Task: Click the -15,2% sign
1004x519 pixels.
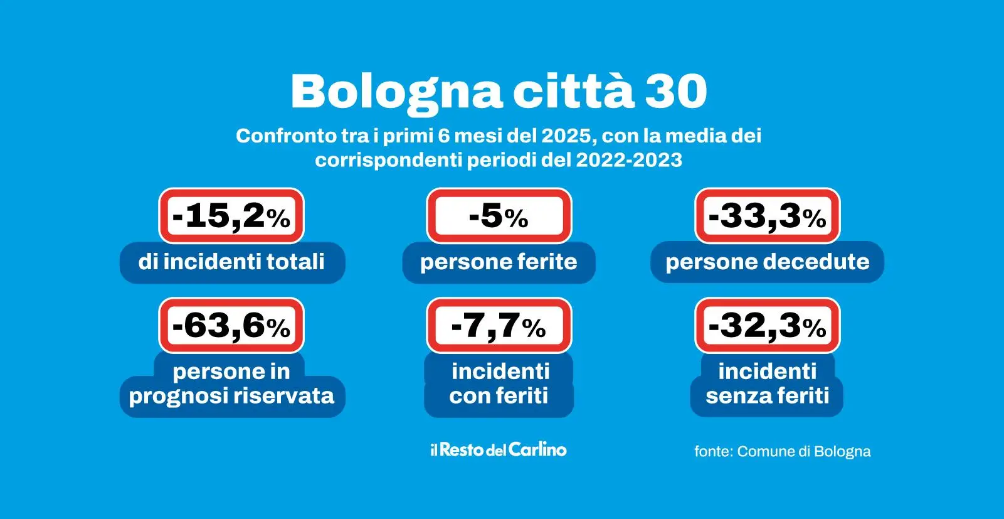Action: [231, 216]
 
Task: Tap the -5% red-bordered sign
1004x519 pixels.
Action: [499, 216]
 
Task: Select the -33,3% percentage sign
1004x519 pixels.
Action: [767, 216]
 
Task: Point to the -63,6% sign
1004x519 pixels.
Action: [231, 325]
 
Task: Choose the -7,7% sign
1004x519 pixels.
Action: [499, 325]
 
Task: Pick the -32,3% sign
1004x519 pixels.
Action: [767, 325]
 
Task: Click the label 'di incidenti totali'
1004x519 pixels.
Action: [231, 262]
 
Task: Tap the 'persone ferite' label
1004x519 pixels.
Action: [499, 262]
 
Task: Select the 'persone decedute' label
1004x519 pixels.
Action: [767, 262]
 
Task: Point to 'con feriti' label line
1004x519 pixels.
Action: [499, 396]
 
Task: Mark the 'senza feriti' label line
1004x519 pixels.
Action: [767, 396]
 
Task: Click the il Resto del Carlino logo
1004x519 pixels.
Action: [499, 449]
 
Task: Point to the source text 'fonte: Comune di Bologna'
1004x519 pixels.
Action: [782, 451]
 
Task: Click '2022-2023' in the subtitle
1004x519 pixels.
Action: [628, 160]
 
